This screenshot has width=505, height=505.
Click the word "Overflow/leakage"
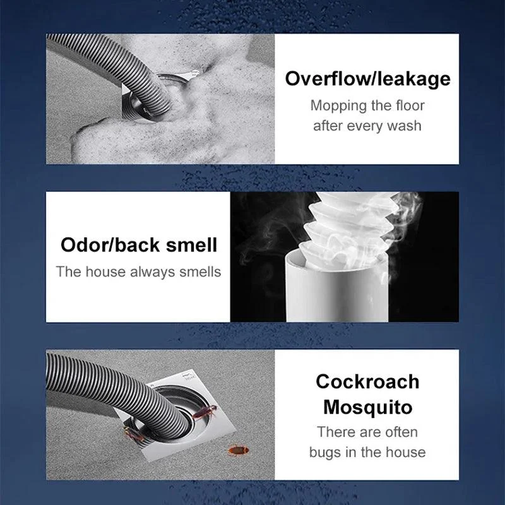367,79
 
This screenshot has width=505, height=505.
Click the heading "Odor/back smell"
139,244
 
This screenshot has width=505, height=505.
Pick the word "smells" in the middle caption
199,272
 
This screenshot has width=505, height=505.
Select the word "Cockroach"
367,381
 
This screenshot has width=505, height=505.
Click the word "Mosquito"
367,407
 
